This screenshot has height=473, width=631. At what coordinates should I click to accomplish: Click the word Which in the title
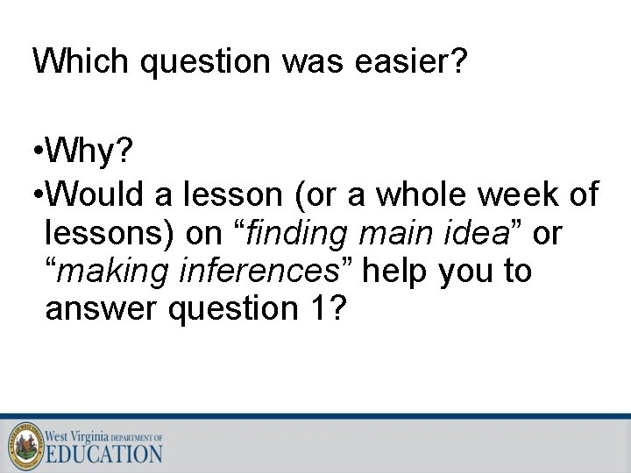[79, 61]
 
